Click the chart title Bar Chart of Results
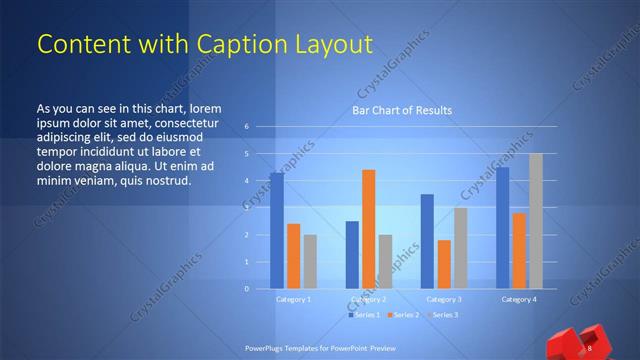point(400,110)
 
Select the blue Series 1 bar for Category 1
point(276,231)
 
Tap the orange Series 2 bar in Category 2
point(368,229)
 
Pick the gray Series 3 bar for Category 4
point(535,221)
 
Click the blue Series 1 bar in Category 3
point(427,241)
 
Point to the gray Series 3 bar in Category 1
point(310,261)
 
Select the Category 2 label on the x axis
point(369,299)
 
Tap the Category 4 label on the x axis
point(518,299)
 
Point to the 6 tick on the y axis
point(246,127)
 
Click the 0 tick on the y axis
point(246,288)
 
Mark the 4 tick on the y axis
point(246,181)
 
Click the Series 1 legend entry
point(363,315)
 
